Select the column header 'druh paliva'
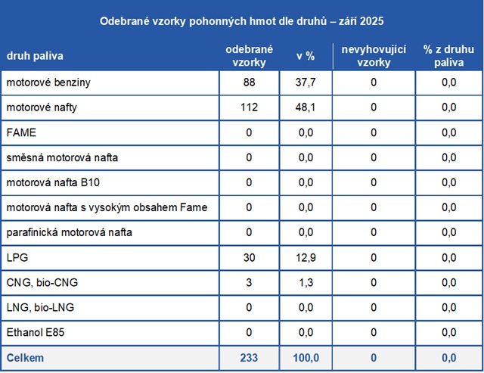click(x=36, y=56)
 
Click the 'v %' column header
click(x=306, y=56)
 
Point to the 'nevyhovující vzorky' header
click(x=374, y=56)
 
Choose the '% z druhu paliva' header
click(x=448, y=56)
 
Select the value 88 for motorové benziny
click(x=249, y=82)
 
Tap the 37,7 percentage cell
click(x=306, y=82)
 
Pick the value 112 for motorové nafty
click(x=249, y=107)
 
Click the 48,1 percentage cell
click(x=306, y=107)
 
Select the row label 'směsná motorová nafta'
click(x=62, y=157)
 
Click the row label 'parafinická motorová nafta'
click(x=70, y=232)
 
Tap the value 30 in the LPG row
click(x=249, y=257)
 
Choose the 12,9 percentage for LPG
click(x=306, y=257)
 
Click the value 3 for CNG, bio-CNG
click(x=249, y=282)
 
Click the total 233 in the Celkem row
click(x=249, y=357)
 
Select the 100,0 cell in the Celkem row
click(x=306, y=357)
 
